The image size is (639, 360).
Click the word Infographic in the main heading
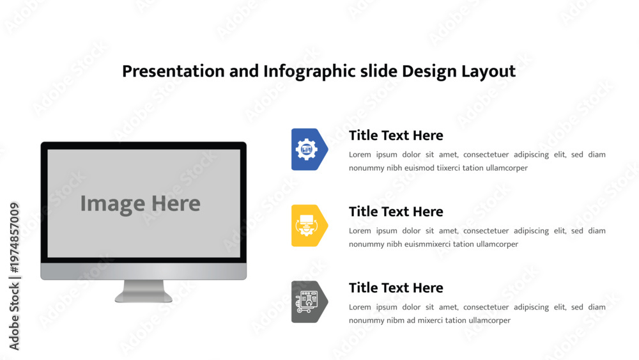(x=309, y=72)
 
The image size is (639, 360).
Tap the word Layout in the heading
(x=488, y=72)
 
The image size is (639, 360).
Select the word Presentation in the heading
(x=173, y=72)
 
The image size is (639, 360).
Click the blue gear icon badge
(x=309, y=149)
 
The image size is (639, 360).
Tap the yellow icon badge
(x=309, y=226)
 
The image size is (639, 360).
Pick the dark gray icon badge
(x=309, y=302)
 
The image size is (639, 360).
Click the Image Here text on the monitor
(x=140, y=204)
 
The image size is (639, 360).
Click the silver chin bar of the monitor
(x=143, y=271)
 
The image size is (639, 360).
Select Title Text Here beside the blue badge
(x=396, y=136)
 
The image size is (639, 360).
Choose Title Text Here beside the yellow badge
(x=396, y=212)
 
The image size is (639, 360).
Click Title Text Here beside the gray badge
(x=396, y=288)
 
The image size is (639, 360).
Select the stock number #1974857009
(x=14, y=238)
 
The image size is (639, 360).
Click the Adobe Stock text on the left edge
(x=14, y=317)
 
